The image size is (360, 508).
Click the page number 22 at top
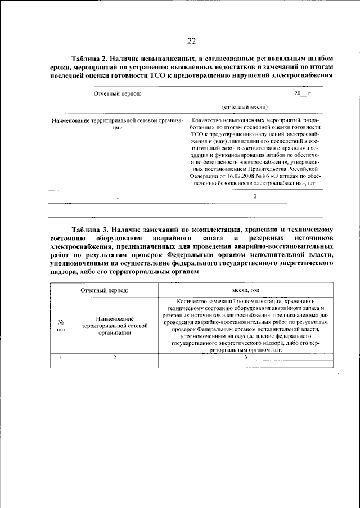[x=191, y=40]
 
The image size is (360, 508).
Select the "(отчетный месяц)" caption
[x=245, y=106]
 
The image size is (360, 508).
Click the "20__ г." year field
[x=302, y=93]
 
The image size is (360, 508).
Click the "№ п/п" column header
[x=61, y=326]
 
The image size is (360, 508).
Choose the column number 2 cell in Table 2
[x=255, y=196]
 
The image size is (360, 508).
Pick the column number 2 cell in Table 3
[x=114, y=357]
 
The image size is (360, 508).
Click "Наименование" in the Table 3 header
[x=114, y=318]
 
